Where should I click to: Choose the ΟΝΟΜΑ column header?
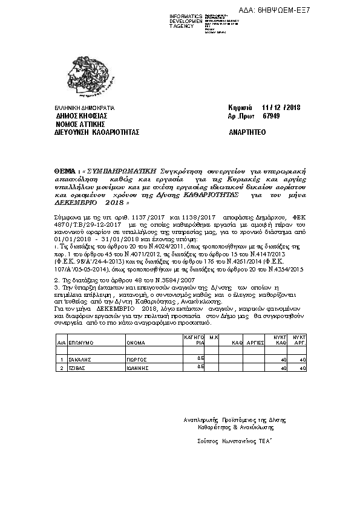[136, 342]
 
